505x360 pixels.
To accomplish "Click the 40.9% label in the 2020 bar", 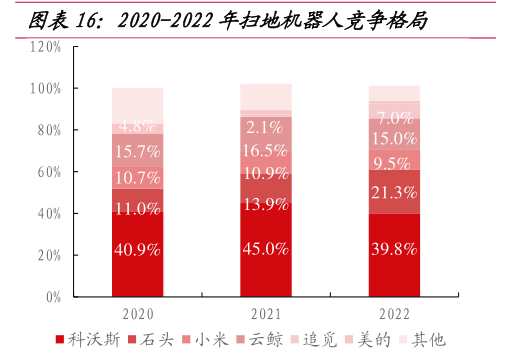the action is click(x=137, y=249).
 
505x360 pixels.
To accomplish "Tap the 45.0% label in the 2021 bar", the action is click(x=266, y=249).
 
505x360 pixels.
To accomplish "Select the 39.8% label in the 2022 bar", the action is click(x=394, y=249).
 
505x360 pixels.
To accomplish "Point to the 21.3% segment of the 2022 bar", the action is click(x=394, y=192).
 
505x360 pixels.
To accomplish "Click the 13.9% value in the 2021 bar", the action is click(x=266, y=204).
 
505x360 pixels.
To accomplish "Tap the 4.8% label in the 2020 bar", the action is click(x=137, y=126).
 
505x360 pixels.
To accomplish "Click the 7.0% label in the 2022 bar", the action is click(x=395, y=118).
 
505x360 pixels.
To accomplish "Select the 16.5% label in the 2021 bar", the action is click(x=265, y=150).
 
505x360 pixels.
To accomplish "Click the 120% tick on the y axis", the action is click(x=45, y=47).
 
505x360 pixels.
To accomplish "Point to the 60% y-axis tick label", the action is click(x=49, y=172).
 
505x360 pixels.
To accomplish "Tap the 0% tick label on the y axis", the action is click(x=53, y=297).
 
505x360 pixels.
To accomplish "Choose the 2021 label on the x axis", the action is click(x=266, y=314).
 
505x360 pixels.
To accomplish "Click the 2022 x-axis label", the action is click(x=394, y=314).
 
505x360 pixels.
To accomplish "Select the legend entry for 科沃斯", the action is click(x=88, y=340).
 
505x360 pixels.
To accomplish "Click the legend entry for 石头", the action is click(x=151, y=340).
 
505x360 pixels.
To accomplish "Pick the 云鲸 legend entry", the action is click(x=260, y=340).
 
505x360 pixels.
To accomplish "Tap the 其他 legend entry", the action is click(x=423, y=340).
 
